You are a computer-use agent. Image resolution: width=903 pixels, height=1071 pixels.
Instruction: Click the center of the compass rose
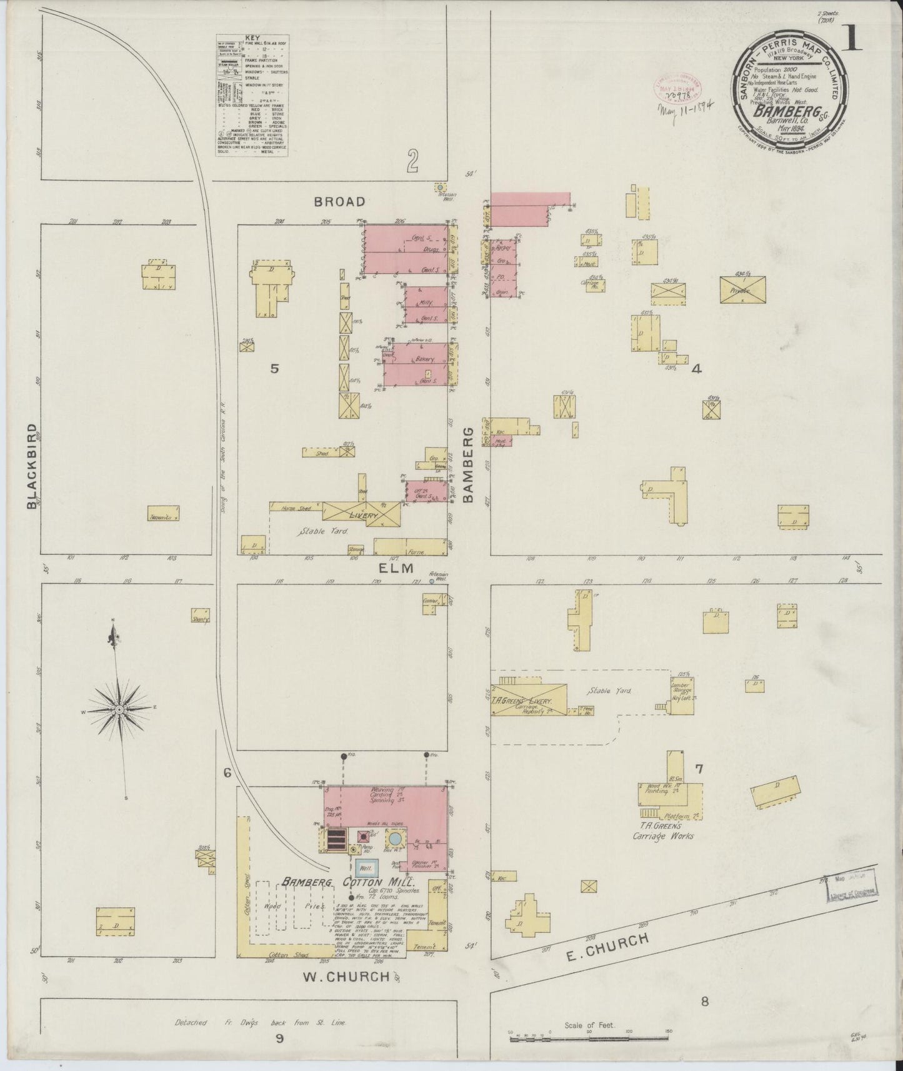119,710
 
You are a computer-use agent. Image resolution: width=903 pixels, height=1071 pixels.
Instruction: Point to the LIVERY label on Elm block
364,515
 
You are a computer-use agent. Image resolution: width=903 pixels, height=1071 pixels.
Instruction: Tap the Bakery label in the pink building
424,361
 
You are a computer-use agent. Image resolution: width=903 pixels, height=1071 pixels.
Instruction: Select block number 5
273,369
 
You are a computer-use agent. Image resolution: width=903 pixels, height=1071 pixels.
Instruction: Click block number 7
699,769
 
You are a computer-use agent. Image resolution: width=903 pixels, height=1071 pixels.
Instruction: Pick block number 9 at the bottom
279,1039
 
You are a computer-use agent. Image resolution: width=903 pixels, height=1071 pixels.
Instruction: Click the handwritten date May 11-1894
686,108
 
